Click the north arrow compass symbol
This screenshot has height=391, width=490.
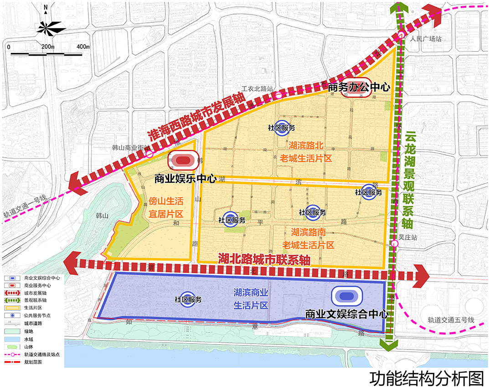click(46, 26)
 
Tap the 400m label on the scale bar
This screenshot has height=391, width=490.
click(83, 47)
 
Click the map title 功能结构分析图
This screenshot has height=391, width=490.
click(426, 379)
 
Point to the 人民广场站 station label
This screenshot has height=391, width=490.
click(426, 39)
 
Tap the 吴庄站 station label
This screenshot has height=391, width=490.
click(408, 237)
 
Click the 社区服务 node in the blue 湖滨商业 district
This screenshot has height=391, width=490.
click(188, 299)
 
